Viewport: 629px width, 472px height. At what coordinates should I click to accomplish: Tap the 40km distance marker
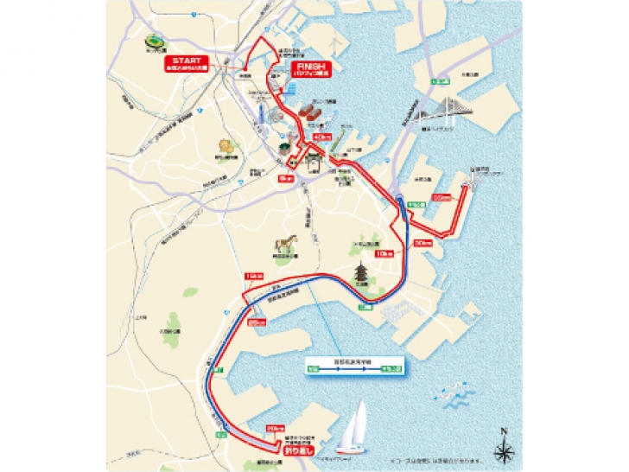coord(323,137)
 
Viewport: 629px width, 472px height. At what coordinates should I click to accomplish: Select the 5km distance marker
coord(289,178)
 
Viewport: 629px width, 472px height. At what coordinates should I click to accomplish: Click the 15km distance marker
coord(253,276)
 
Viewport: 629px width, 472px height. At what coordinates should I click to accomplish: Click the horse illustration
coord(283,245)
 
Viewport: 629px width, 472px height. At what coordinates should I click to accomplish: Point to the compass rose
coord(504,449)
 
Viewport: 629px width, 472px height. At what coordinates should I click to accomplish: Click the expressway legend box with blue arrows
coord(354,367)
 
